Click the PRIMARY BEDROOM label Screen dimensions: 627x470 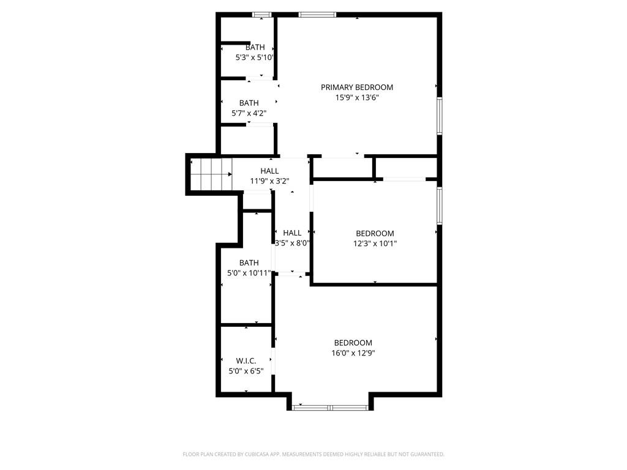(x=357, y=87)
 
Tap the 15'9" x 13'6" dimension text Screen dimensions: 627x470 (x=357, y=97)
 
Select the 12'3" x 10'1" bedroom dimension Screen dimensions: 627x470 (x=375, y=244)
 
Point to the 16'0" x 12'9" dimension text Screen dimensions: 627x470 (x=353, y=353)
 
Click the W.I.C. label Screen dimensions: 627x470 (x=246, y=361)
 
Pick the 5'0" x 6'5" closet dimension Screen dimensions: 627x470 (x=246, y=371)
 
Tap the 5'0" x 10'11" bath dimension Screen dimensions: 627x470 (x=249, y=273)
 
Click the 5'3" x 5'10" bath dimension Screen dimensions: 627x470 (x=254, y=58)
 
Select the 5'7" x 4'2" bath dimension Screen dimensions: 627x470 (x=249, y=113)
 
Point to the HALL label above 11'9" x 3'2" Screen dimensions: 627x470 (x=269, y=171)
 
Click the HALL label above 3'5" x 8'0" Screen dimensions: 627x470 (x=292, y=233)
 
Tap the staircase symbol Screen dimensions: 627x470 (x=211, y=174)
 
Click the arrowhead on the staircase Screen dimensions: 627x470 (x=230, y=174)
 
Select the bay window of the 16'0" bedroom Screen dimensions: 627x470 (x=330, y=408)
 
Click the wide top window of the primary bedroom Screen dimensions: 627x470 (x=318, y=15)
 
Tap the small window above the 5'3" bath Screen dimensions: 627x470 (x=262, y=15)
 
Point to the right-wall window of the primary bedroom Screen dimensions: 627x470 (x=440, y=116)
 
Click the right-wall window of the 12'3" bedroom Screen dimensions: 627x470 (x=440, y=206)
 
